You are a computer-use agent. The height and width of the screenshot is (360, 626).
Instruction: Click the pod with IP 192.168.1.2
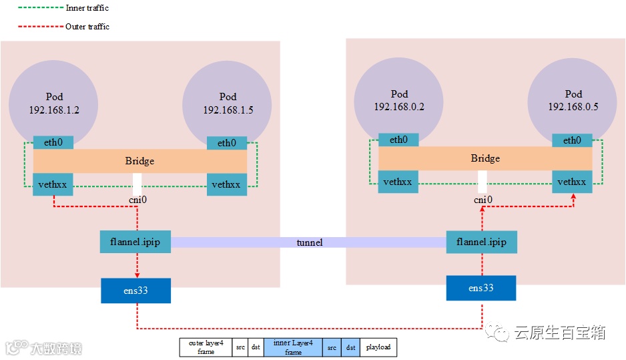coord(53,104)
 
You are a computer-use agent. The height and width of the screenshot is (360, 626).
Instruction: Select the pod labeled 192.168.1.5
coord(228,104)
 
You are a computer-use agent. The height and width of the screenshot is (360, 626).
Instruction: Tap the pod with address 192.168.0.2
coord(399,101)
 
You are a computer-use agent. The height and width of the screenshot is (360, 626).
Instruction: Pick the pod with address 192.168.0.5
coord(573,101)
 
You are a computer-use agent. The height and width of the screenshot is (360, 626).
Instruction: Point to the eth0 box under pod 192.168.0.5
coord(572,140)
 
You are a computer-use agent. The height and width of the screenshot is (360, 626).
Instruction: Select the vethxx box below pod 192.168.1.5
coord(227,184)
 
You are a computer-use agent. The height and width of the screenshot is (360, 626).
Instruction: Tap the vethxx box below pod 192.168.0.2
coord(398,182)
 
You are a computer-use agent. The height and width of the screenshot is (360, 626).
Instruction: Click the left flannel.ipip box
coord(135,242)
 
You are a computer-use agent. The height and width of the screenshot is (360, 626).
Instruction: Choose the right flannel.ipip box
coord(481,242)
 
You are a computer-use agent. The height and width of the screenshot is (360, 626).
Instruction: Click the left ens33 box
coord(135,290)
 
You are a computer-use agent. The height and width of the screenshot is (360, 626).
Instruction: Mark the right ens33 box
coord(481,288)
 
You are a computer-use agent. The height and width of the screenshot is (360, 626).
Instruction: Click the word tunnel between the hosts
coord(309,242)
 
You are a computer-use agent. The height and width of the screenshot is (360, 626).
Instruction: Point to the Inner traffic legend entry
coord(87,8)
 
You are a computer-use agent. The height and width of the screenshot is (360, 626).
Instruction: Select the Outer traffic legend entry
coord(87,27)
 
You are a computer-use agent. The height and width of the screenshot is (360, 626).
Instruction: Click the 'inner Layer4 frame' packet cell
coord(293,348)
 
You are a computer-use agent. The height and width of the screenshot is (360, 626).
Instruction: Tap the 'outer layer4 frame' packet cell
coord(206,348)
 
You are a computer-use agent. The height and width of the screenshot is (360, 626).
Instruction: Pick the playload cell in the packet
coord(377,348)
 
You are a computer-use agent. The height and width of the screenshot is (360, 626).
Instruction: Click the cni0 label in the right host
coord(483,200)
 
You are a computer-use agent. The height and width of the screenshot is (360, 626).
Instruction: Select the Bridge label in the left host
coord(139,161)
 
